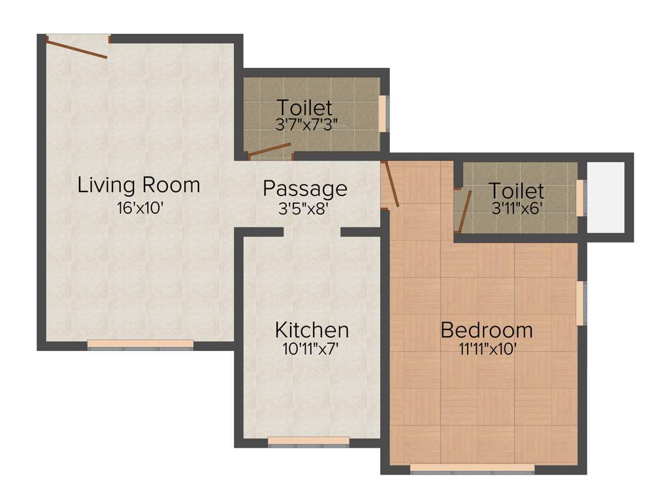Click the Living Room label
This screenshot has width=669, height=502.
(x=139, y=185)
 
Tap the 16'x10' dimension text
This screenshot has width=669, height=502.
(x=139, y=209)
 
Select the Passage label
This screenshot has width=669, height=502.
(x=305, y=188)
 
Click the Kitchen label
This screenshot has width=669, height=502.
(x=312, y=329)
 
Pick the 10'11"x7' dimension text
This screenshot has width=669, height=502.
(x=312, y=349)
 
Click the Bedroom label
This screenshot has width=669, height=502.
(x=487, y=330)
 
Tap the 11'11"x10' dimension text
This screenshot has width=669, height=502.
(x=487, y=349)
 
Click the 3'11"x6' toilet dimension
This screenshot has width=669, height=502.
(x=516, y=209)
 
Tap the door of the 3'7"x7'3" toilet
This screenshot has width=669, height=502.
(x=269, y=151)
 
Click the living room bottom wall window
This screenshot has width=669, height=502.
(x=140, y=344)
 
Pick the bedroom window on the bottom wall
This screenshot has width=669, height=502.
(x=472, y=468)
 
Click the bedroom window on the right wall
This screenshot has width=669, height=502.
(x=580, y=303)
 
